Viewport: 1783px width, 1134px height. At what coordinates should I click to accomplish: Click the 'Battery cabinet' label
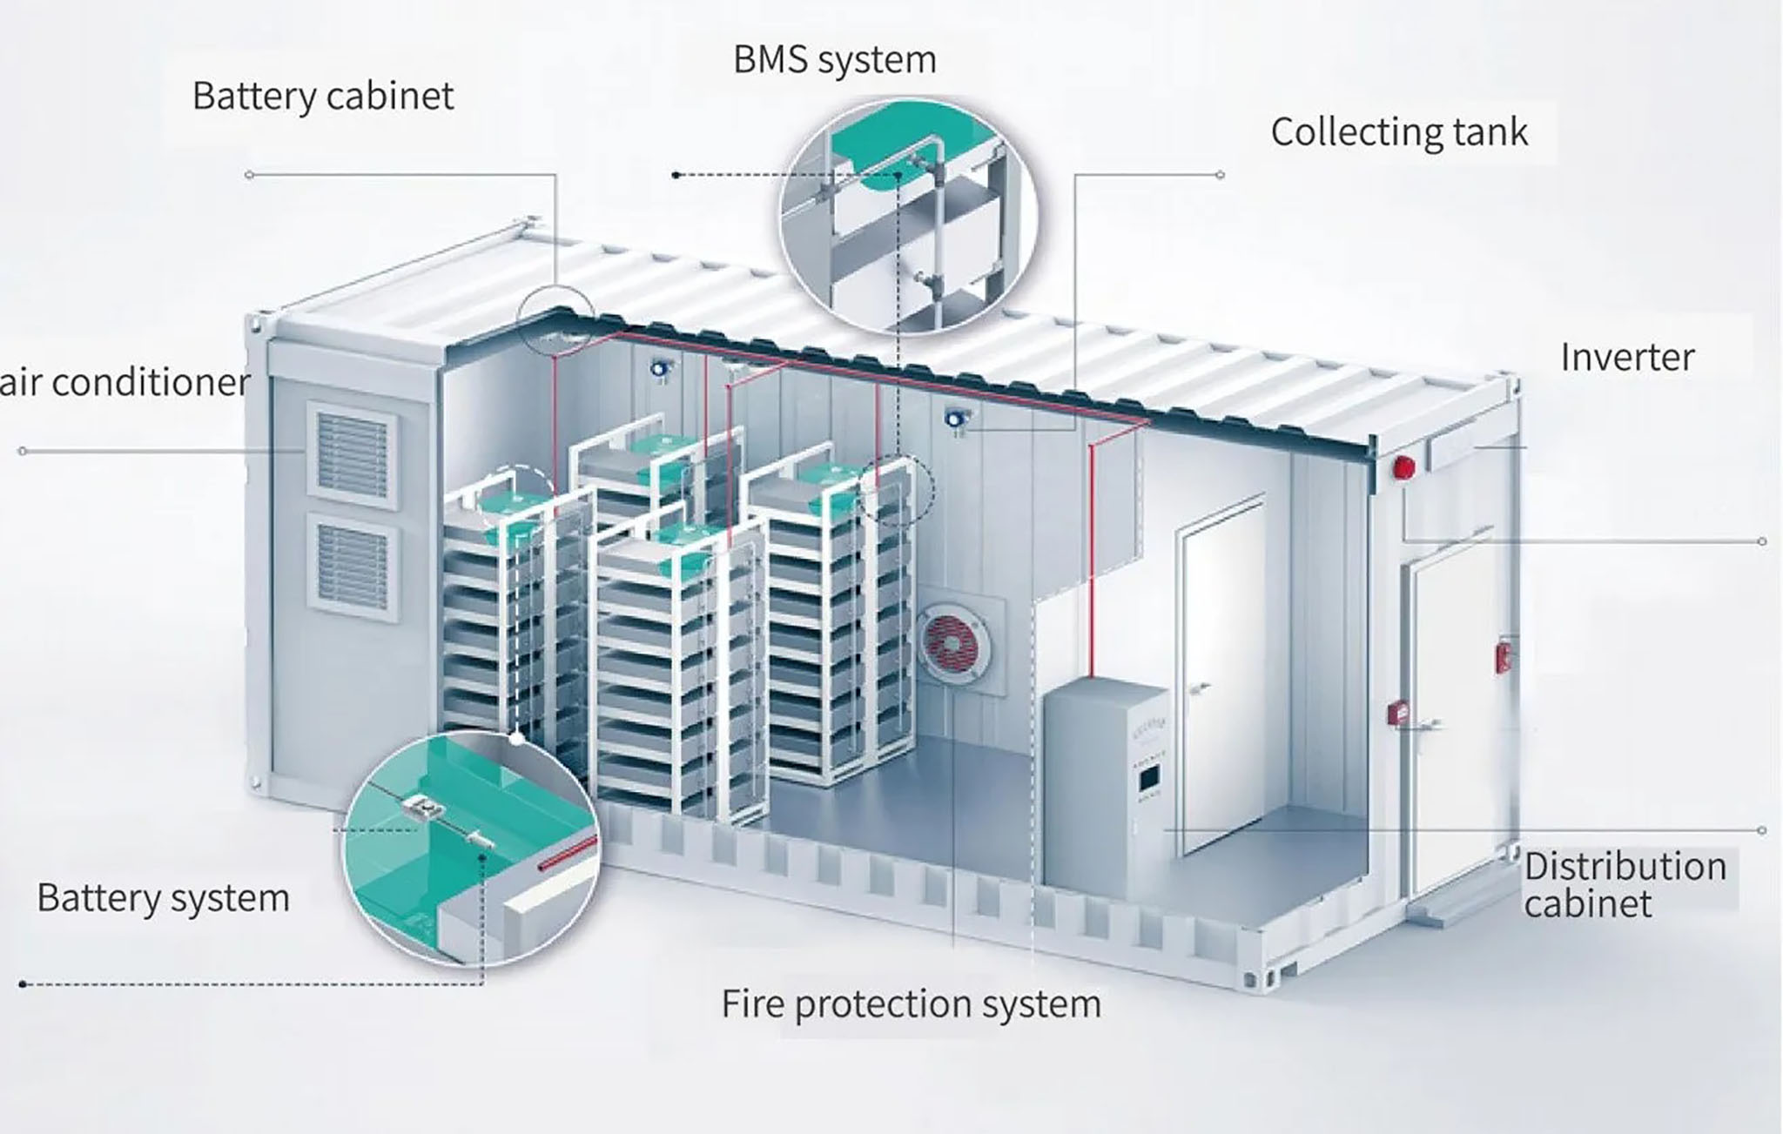(323, 96)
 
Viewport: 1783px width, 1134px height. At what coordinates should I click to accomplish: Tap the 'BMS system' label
(834, 60)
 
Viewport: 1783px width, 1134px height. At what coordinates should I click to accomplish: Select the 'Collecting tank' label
(1398, 132)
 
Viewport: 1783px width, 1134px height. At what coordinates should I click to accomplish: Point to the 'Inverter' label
(1626, 358)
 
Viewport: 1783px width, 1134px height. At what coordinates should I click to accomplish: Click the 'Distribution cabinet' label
(1625, 884)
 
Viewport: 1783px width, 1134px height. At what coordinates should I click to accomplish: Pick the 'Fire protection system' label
(911, 1003)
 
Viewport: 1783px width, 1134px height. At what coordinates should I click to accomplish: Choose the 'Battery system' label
(163, 898)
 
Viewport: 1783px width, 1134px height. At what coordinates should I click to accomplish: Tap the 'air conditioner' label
(124, 382)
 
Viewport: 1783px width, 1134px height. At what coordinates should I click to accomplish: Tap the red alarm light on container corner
(1403, 467)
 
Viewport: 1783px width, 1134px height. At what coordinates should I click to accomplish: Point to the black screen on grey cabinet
(1149, 778)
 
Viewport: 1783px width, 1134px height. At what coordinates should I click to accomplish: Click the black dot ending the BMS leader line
(676, 175)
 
